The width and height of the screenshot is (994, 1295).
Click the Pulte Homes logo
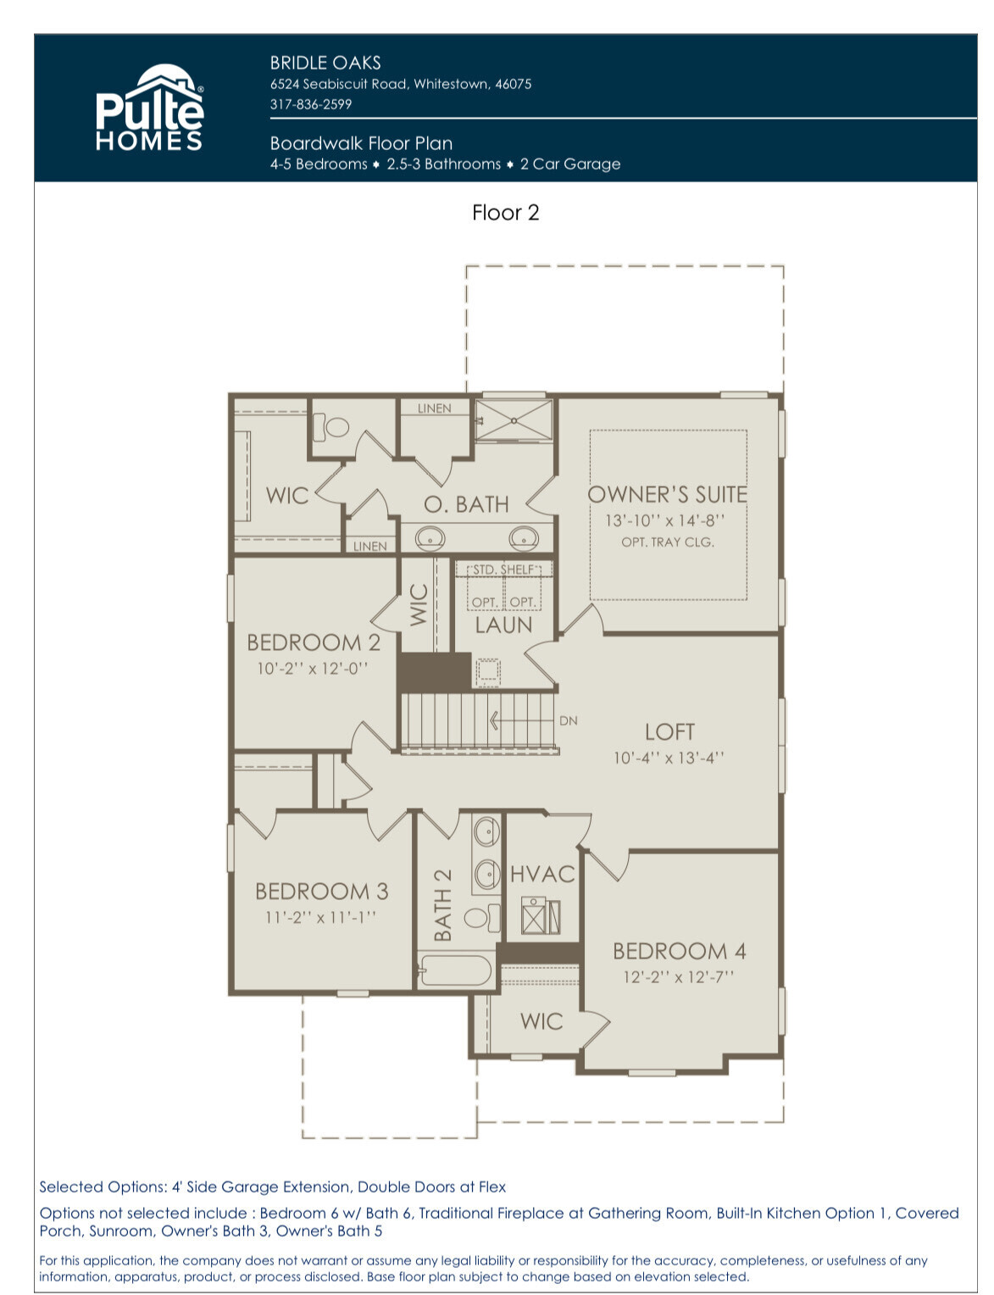click(x=149, y=107)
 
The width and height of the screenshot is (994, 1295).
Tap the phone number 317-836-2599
click(x=310, y=104)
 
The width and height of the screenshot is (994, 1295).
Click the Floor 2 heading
click(x=505, y=213)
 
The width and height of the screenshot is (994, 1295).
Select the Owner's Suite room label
click(x=667, y=494)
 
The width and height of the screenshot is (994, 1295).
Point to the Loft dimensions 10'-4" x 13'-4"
click(x=669, y=758)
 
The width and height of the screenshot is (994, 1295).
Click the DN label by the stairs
click(x=568, y=720)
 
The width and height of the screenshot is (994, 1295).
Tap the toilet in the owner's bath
click(x=331, y=427)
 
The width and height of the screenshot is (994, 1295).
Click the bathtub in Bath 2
click(x=454, y=970)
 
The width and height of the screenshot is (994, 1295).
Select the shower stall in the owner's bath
click(x=514, y=420)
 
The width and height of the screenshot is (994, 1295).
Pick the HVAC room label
click(x=542, y=875)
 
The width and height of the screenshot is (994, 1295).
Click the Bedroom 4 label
click(x=679, y=951)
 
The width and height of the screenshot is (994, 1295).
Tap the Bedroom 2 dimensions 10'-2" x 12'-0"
click(x=312, y=669)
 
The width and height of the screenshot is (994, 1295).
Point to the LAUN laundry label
click(x=503, y=625)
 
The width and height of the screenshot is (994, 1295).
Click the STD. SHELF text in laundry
click(x=504, y=570)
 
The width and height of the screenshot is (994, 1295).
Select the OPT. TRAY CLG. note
click(x=668, y=542)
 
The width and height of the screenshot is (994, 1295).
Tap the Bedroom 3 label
click(x=322, y=892)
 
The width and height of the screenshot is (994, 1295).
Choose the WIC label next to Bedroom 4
click(x=541, y=1021)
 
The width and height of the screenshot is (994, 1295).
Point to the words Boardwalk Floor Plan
click(x=361, y=143)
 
